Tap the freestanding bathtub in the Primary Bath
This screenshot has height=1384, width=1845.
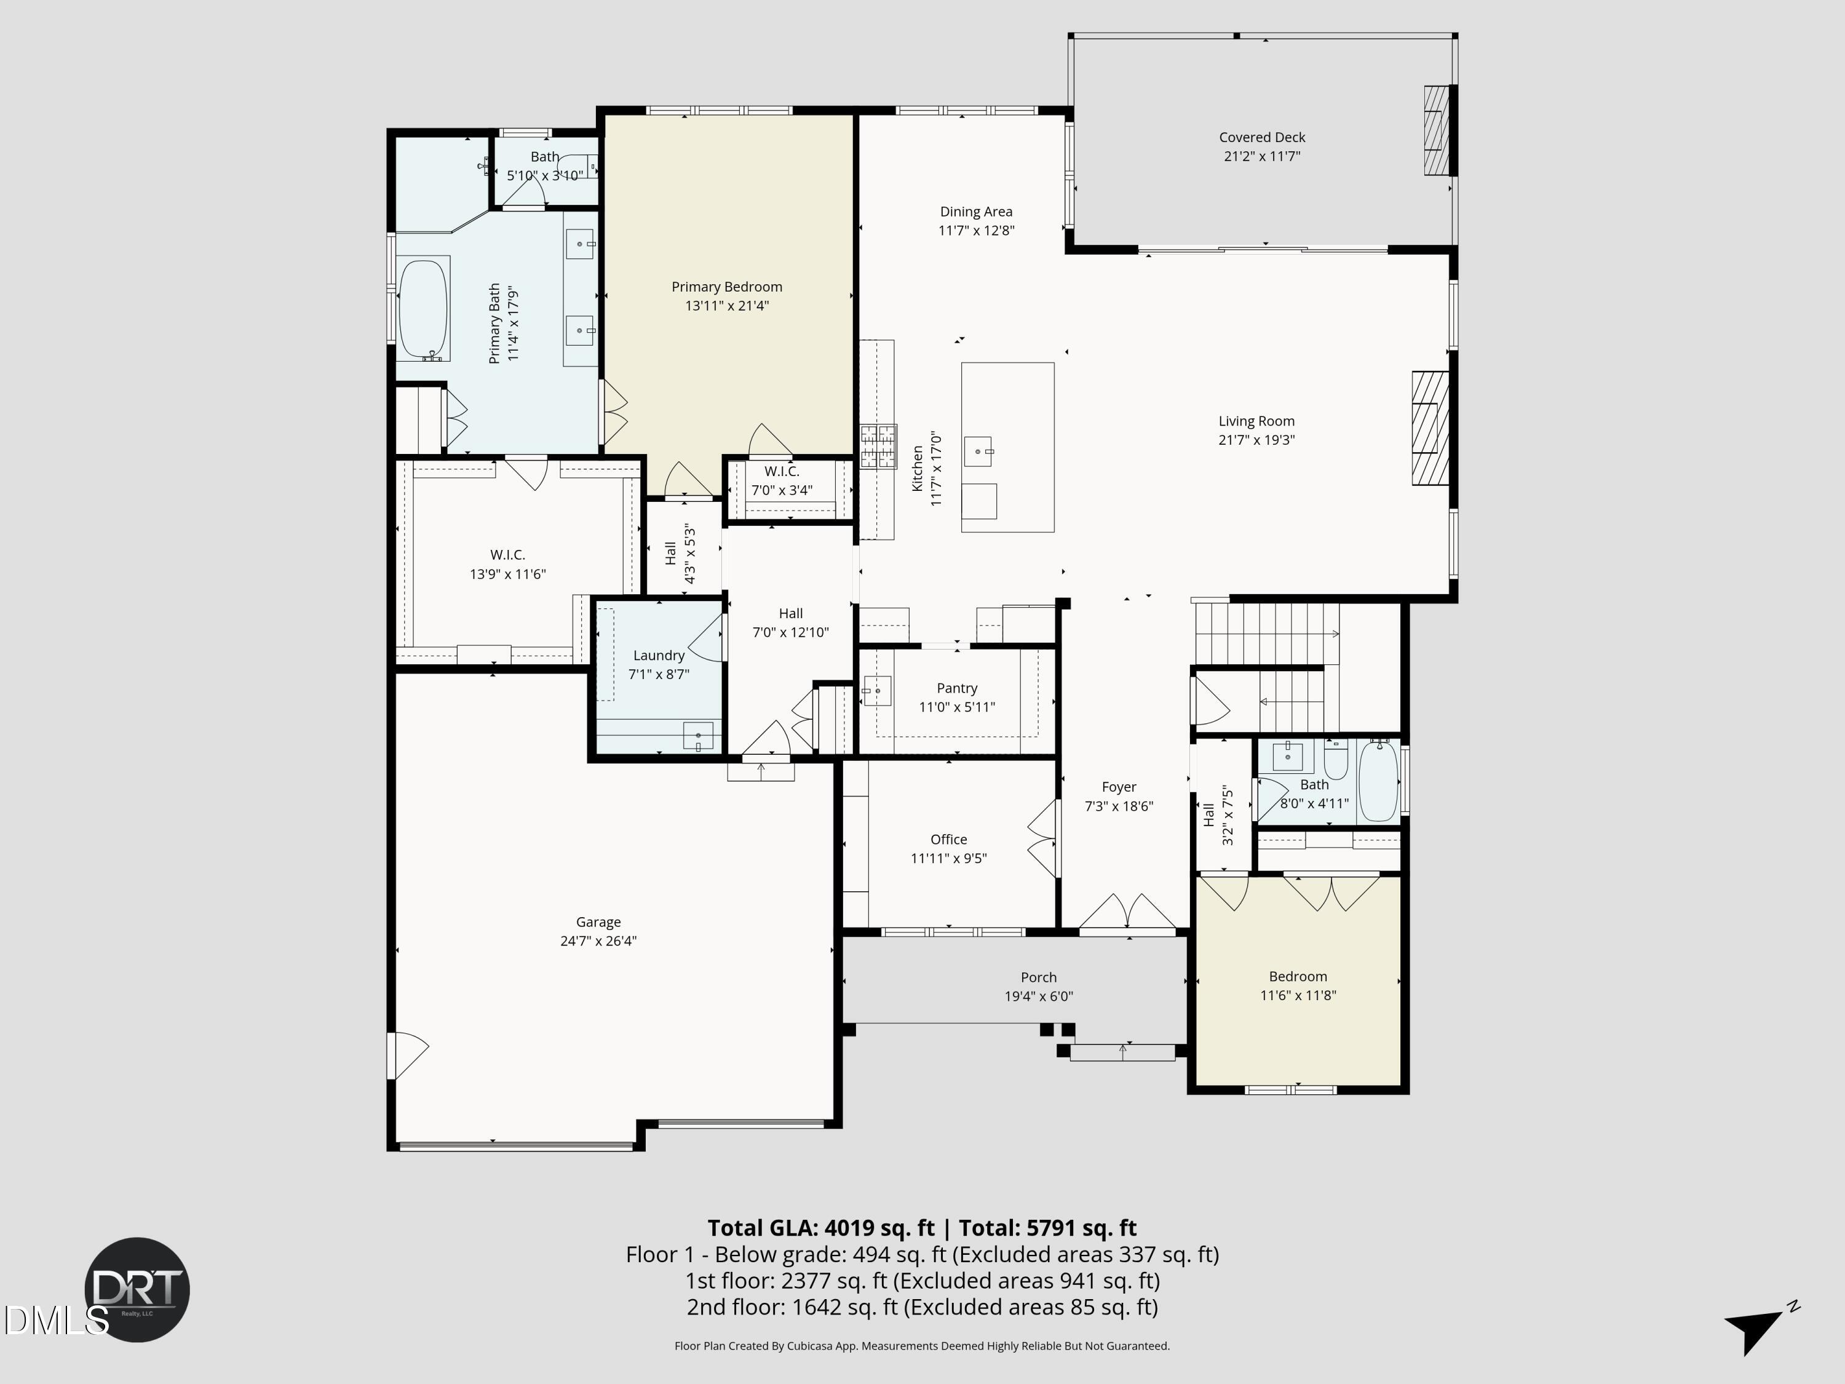pyautogui.click(x=423, y=309)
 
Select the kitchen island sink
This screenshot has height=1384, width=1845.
pyautogui.click(x=978, y=452)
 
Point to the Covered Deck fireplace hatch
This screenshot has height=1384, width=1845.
pyautogui.click(x=1435, y=130)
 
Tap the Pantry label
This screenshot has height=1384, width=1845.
pyautogui.click(x=957, y=688)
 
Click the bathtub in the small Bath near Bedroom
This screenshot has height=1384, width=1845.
pyautogui.click(x=1378, y=782)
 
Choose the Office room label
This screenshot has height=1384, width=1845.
pyautogui.click(x=948, y=839)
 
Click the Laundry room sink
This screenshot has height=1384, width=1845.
pyautogui.click(x=698, y=736)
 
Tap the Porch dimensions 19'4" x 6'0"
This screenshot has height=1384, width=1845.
pyautogui.click(x=1039, y=996)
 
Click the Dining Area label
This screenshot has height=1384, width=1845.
pyautogui.click(x=976, y=212)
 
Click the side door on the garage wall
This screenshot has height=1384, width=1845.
pyautogui.click(x=406, y=1056)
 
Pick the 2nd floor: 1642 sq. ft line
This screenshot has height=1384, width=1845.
pyautogui.click(x=922, y=1307)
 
